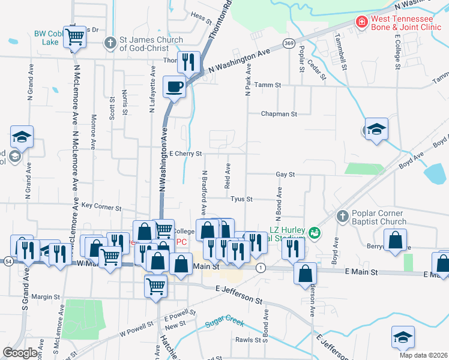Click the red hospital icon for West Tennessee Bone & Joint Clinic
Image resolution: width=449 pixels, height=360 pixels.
pyautogui.click(x=362, y=23)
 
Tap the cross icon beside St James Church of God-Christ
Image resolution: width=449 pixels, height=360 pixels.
pyautogui.click(x=109, y=43)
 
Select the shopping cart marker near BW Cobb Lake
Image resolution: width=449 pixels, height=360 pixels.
pyautogui.click(x=76, y=37)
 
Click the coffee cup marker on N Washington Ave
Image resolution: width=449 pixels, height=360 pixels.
pyautogui.click(x=175, y=86)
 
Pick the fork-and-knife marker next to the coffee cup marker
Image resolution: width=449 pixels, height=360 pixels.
pyautogui.click(x=188, y=61)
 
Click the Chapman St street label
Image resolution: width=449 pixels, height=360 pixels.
pyautogui.click(x=279, y=113)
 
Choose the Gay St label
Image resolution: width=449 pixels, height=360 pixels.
pyautogui.click(x=285, y=174)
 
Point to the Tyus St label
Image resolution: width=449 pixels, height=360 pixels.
pyautogui.click(x=242, y=199)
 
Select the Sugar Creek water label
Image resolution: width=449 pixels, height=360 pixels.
pyautogui.click(x=224, y=323)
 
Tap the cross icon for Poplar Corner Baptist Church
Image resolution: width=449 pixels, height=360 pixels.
pyautogui.click(x=342, y=216)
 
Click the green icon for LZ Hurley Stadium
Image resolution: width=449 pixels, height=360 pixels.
pyautogui.click(x=313, y=232)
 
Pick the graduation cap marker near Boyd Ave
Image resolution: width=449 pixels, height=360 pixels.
pyautogui.click(x=376, y=130)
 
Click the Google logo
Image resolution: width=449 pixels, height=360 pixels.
pyautogui.click(x=20, y=353)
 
